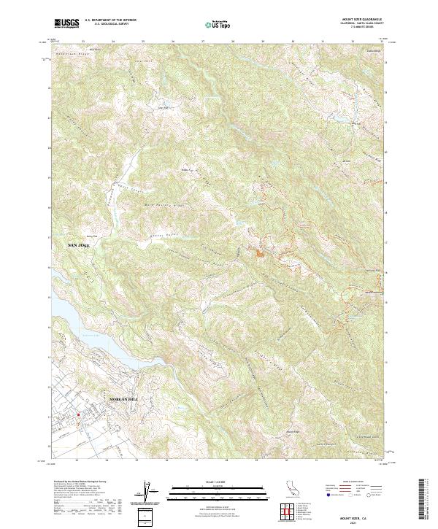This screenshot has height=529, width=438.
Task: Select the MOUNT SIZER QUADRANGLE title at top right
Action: click(x=365, y=20)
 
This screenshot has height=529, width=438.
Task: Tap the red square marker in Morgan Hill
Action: click(x=77, y=417)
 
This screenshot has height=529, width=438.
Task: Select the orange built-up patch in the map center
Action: click(x=258, y=253)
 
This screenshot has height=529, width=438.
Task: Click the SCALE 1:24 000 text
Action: click(x=209, y=482)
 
